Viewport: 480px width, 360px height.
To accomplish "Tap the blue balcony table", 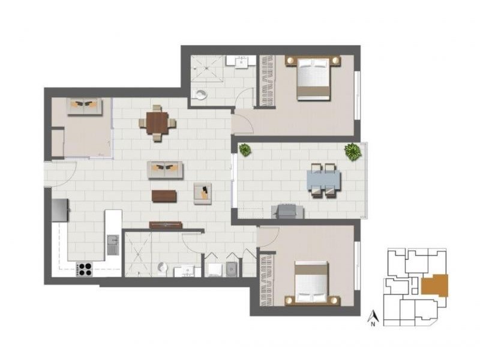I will tap(324, 179).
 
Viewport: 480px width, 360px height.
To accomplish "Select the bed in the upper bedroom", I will tap(313, 78).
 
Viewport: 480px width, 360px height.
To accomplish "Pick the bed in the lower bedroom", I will tap(312, 283).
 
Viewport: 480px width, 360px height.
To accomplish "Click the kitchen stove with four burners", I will tap(85, 269).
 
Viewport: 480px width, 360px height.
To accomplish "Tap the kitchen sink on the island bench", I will tap(113, 244).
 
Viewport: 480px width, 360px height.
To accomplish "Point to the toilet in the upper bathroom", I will tap(201, 94).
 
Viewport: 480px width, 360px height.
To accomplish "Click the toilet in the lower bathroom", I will tap(161, 268).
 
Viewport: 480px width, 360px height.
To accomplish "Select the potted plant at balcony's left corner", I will tap(245, 149).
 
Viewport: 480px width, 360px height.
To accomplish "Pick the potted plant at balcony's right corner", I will tap(352, 151).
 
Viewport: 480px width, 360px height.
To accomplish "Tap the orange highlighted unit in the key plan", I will tap(434, 284).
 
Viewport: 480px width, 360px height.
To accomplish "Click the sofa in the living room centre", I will tap(165, 170).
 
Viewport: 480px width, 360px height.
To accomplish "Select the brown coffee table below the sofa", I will tap(164, 196).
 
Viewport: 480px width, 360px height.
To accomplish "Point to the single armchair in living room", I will tap(202, 193).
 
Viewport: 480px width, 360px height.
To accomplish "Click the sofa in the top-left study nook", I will tap(82, 106).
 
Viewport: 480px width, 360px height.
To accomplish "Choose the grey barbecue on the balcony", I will tap(287, 210).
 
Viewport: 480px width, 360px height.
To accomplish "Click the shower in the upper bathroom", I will tap(207, 71).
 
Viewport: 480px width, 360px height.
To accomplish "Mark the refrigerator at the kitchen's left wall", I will tap(61, 210).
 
